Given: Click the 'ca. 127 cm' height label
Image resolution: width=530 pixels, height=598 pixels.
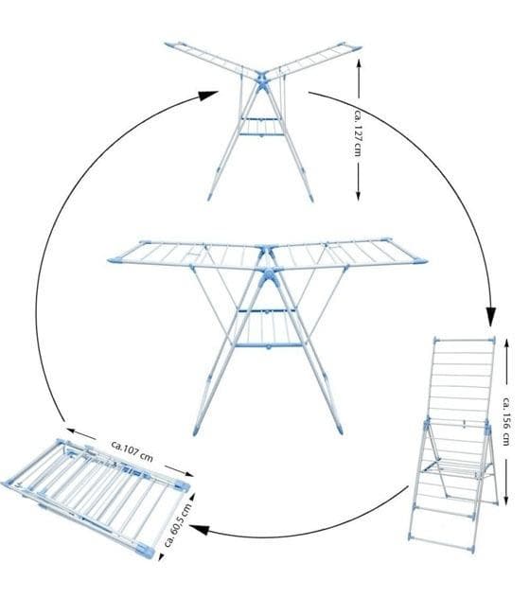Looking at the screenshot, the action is pos(357,132).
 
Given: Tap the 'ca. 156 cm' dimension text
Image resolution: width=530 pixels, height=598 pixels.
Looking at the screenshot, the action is pos(505,421).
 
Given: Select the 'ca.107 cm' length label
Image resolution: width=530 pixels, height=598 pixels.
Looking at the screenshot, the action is pos(132,450).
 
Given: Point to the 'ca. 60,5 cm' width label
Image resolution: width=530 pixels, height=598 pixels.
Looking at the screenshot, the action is pos(177,524).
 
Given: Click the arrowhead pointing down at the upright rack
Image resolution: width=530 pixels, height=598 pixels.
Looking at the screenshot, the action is pos(492,315).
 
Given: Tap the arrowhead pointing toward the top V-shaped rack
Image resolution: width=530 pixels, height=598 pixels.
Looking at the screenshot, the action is pos(207,96).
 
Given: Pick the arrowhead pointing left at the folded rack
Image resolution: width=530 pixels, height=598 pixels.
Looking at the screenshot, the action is pos(199,529).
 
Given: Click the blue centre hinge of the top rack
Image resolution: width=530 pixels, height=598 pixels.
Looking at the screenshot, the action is pos(262,80).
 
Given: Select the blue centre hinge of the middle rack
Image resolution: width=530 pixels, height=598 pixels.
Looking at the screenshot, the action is pos(268,275).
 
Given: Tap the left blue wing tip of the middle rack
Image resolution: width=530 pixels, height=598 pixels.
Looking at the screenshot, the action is pos(115,260).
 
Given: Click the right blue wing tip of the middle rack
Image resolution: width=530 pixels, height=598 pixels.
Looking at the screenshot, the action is pos(420,261).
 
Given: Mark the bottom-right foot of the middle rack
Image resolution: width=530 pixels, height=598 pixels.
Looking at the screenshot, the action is pos(339,428).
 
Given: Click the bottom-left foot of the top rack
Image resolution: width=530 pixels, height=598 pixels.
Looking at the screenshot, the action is pos(210,197).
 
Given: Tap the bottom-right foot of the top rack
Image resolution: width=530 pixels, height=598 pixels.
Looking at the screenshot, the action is pos(311,197).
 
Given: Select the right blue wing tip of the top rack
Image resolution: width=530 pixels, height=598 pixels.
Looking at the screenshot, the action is pos(355,48).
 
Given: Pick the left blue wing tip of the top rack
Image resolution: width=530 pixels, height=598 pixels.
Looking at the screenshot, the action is pos(170,45).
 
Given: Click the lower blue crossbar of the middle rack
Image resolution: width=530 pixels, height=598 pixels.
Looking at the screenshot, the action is pos(269,345).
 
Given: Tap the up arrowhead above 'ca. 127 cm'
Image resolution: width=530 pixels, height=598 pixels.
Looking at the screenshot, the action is pos(359,64).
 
